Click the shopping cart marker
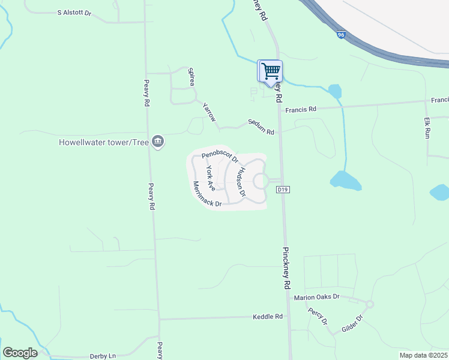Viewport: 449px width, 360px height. pos(270,71)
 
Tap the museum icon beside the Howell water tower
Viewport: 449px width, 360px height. pos(158,142)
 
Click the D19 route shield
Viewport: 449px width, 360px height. pos(283,190)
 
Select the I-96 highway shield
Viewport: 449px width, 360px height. pos(340,35)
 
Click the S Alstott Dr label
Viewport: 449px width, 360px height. pos(74,13)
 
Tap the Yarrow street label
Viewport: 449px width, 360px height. pos(209,112)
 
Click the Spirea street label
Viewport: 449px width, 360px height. pos(192,76)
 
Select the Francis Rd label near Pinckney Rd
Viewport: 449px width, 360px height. pos(301,110)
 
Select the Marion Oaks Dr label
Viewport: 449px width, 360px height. pos(317,297)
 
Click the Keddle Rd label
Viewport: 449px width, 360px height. pos(268,316)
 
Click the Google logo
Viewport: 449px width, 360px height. pos(20,353)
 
